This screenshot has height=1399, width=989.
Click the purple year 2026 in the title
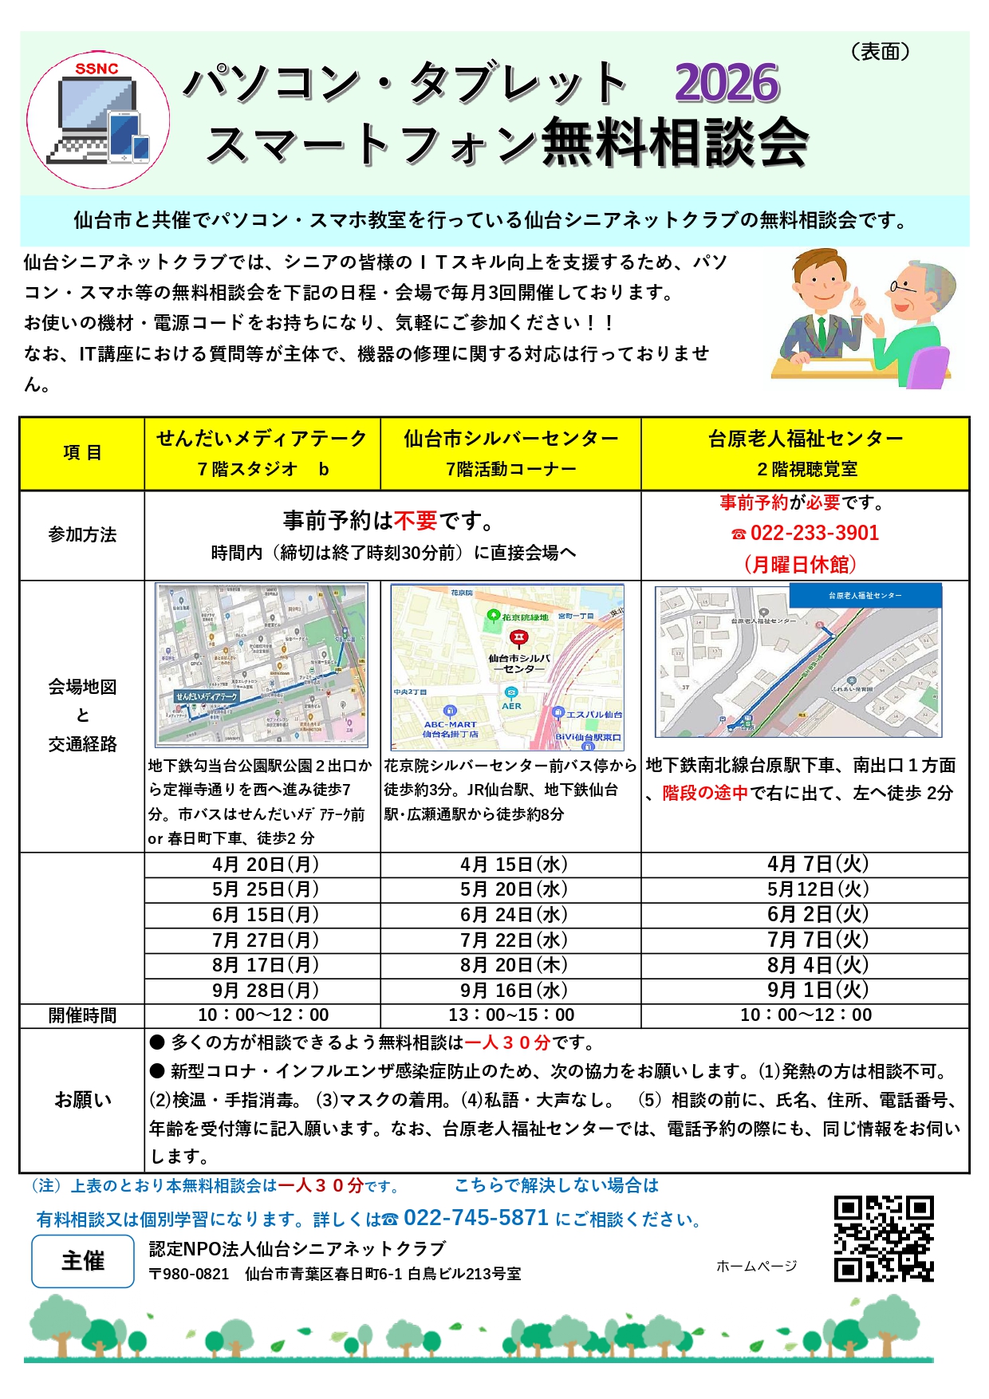726,83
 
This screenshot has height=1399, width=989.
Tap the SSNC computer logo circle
98,120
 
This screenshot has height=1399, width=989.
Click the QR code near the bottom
884,1238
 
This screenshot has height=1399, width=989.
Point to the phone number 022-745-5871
476,1218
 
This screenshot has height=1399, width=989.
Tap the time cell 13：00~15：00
511,1015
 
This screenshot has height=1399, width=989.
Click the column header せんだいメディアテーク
262,439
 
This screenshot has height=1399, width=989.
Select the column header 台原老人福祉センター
806,439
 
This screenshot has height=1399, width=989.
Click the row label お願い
82,1100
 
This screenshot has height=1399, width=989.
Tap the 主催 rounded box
83,1261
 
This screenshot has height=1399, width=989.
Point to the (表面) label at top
881,52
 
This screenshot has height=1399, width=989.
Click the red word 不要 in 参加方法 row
416,521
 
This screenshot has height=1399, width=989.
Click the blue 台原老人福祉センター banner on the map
865,595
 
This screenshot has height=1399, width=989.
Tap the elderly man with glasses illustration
912,319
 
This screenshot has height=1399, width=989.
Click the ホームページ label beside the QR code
756,1266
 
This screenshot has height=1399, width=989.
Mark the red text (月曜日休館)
800,565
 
